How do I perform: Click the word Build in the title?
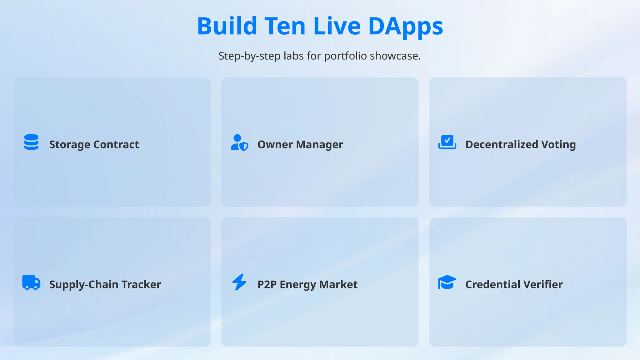[227, 26]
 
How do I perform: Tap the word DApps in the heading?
[406, 26]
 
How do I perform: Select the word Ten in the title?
[285, 26]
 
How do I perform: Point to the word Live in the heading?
[337, 26]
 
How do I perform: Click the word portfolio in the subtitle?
[345, 56]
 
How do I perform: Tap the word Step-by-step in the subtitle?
[249, 56]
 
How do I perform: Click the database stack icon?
[31, 142]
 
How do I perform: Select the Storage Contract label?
[94, 145]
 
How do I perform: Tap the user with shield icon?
[239, 143]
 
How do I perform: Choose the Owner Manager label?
[300, 145]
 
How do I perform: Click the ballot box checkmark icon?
[447, 142]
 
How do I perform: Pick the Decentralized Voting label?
[521, 145]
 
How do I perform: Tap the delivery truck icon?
[31, 282]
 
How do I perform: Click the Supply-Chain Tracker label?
[105, 285]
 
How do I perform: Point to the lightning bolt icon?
[239, 282]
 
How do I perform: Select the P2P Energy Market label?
[307, 285]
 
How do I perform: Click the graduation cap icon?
[447, 282]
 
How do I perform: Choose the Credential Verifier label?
[514, 285]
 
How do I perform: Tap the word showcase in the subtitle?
[395, 56]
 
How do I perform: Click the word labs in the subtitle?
[293, 56]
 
